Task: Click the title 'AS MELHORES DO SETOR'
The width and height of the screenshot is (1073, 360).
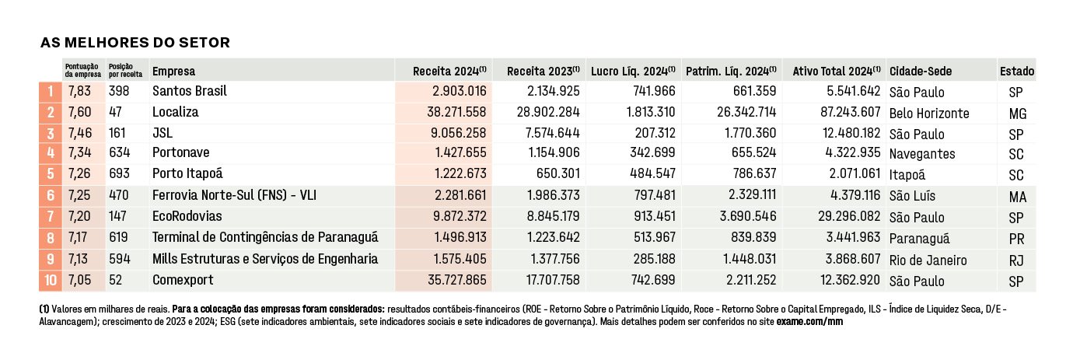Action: (x=135, y=43)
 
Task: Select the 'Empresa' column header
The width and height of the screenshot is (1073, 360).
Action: (x=173, y=72)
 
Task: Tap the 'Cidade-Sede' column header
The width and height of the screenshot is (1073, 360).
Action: (x=920, y=72)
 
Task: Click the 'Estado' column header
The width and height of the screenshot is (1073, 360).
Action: (x=1016, y=72)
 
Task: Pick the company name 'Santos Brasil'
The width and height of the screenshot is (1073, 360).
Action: (x=189, y=91)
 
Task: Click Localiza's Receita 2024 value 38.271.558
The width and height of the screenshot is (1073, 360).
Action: (x=456, y=112)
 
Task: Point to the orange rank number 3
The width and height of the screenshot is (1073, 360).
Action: (x=51, y=134)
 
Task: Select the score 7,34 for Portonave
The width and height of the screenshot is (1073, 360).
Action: (x=79, y=152)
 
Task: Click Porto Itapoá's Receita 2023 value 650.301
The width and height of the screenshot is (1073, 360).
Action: (x=557, y=173)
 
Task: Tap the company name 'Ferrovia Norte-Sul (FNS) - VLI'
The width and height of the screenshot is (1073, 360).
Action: (x=234, y=195)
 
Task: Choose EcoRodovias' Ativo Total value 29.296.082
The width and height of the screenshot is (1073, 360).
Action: (x=849, y=216)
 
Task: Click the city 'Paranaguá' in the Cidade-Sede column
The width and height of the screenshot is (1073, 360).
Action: (x=919, y=239)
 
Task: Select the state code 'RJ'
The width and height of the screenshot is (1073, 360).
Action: (x=1016, y=260)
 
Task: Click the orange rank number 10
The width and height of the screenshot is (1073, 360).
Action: (x=51, y=280)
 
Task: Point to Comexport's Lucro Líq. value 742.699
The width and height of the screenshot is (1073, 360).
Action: (x=653, y=280)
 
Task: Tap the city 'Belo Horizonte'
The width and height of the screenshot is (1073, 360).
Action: (x=929, y=114)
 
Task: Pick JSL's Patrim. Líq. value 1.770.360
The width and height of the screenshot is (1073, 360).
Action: (x=750, y=133)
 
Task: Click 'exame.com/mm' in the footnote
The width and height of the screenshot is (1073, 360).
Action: (x=809, y=322)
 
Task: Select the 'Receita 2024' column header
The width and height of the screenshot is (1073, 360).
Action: (x=449, y=72)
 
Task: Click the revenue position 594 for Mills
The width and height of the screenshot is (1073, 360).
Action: (x=119, y=259)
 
